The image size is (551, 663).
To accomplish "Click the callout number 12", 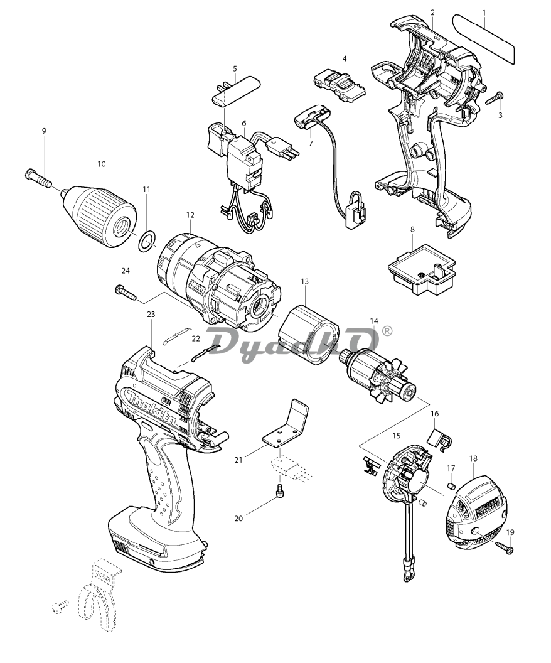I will coord(190,215).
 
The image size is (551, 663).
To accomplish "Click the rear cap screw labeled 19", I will coord(503,547).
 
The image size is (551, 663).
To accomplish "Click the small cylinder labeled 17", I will coord(449,485).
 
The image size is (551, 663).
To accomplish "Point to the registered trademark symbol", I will coord(387,330).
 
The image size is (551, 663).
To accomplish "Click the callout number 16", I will coord(434,414).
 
